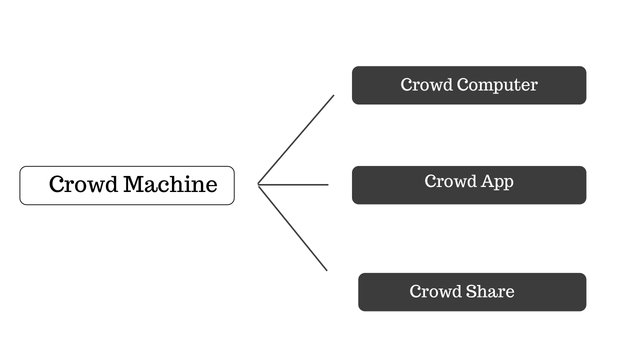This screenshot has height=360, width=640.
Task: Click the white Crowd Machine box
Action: click(x=127, y=185)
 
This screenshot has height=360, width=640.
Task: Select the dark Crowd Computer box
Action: click(x=468, y=85)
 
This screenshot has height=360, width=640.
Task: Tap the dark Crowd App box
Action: click(x=468, y=185)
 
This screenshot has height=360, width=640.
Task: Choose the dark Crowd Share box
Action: click(x=472, y=292)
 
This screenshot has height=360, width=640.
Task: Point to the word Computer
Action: click(x=497, y=85)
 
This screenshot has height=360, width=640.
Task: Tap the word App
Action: click(x=497, y=182)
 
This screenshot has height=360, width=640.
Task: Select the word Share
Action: click(x=490, y=292)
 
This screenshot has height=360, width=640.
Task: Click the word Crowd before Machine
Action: click(x=84, y=185)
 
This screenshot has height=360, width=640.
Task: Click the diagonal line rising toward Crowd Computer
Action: click(x=296, y=139)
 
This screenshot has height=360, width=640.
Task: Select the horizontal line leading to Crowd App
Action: click(x=294, y=184)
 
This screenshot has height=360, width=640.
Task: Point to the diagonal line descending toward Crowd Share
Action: click(x=293, y=228)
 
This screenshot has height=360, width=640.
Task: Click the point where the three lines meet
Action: click(x=259, y=184)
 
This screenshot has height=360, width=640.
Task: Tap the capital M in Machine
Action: click(x=134, y=185)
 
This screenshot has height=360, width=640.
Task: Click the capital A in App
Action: click(x=485, y=181)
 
